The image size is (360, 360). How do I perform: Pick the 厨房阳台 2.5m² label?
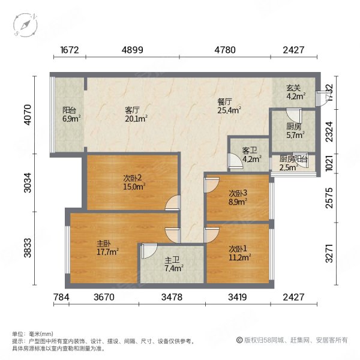coord(293,162)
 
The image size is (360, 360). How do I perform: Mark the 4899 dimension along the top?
coord(131,51)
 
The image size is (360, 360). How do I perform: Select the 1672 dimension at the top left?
coord(70,51)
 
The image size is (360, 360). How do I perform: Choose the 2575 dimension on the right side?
coord(337,197)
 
